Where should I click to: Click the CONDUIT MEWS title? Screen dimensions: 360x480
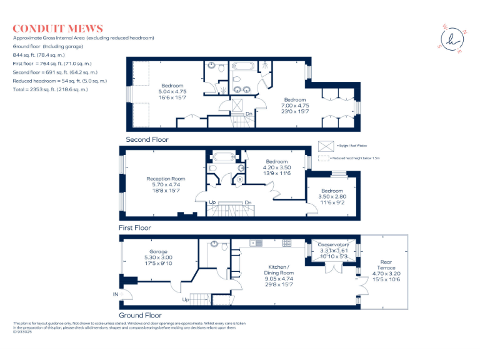57,29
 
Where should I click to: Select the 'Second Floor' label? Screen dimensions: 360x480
147,139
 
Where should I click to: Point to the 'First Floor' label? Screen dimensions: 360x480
135,228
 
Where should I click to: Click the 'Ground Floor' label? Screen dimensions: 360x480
140,316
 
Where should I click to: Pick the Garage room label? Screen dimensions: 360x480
157,251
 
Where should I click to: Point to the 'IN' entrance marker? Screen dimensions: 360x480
114,293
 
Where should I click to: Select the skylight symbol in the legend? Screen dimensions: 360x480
325,146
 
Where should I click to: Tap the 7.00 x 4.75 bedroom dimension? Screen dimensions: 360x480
295,106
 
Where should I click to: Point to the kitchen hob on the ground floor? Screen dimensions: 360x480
287,242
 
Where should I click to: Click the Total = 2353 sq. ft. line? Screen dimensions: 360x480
51,89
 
